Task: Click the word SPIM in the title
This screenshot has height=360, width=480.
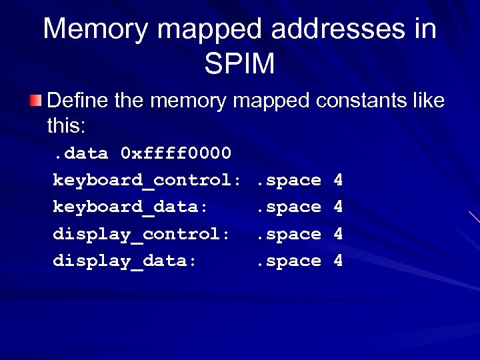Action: pos(239,64)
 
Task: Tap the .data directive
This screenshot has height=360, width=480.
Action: pos(81,154)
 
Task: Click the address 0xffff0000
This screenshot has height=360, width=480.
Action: pos(176,154)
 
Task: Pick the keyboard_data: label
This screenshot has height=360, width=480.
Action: pos(131,207)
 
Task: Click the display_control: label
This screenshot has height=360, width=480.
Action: pos(141,234)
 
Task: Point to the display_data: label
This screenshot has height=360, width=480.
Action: pos(125,261)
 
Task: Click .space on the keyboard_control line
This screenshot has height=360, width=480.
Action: pos(289,181)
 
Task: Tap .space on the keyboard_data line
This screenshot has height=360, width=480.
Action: pos(289,207)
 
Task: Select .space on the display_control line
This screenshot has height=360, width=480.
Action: pos(289,234)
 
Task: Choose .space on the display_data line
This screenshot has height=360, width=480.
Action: pos(289,261)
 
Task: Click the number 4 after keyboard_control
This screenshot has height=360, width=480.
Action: pos(338,181)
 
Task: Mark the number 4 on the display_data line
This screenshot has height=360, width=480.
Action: pos(338,261)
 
